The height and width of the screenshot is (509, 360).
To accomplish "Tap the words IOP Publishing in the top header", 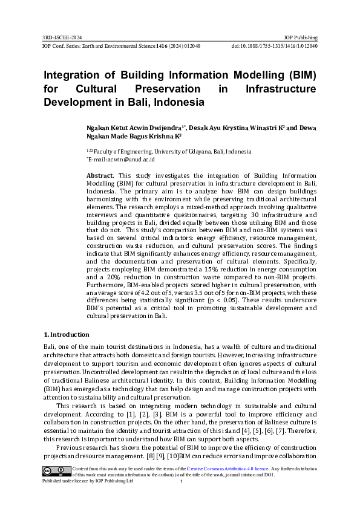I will click(302, 37).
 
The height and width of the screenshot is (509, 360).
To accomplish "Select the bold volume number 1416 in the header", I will click(162, 46).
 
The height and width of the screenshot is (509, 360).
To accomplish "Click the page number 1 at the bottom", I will click(182, 481).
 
